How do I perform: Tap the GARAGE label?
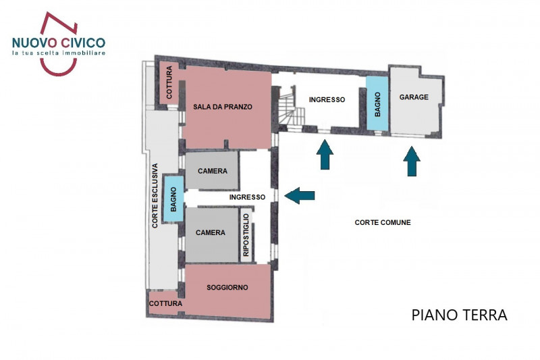click(x=414, y=97)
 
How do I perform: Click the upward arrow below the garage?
click(x=412, y=162)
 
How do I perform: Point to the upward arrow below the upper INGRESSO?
click(x=325, y=155)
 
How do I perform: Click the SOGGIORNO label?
click(x=227, y=288)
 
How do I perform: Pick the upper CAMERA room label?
click(x=213, y=171)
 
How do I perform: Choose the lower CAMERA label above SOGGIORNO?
click(x=210, y=233)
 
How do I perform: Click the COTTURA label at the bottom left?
click(x=165, y=304)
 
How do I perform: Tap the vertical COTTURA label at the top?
click(x=169, y=82)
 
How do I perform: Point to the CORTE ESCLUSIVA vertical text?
click(x=155, y=196)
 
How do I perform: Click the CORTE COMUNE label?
click(x=383, y=222)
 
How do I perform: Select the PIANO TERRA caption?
click(x=459, y=315)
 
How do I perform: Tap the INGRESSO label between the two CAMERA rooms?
click(x=247, y=197)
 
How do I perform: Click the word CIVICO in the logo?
click(x=80, y=43)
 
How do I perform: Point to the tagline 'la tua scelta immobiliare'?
click(x=58, y=53)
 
